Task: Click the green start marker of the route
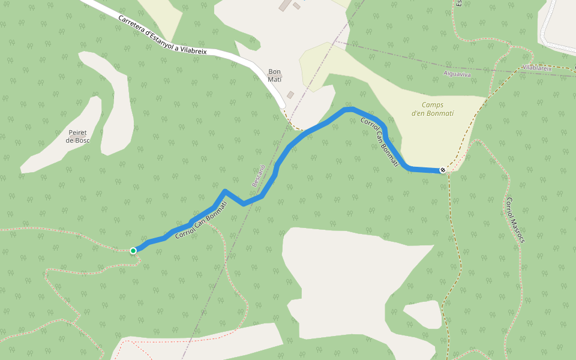click(x=133, y=250)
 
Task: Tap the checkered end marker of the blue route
click(x=443, y=170)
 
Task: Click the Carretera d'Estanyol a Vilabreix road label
click(x=162, y=35)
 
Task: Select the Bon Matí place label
click(x=274, y=76)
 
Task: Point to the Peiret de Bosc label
click(x=77, y=136)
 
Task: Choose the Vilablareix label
click(x=537, y=68)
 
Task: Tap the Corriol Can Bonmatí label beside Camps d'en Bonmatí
click(x=379, y=142)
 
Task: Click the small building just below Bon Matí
click(x=290, y=95)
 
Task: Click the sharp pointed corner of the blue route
click(x=224, y=191)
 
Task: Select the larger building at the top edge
click(x=283, y=5)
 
